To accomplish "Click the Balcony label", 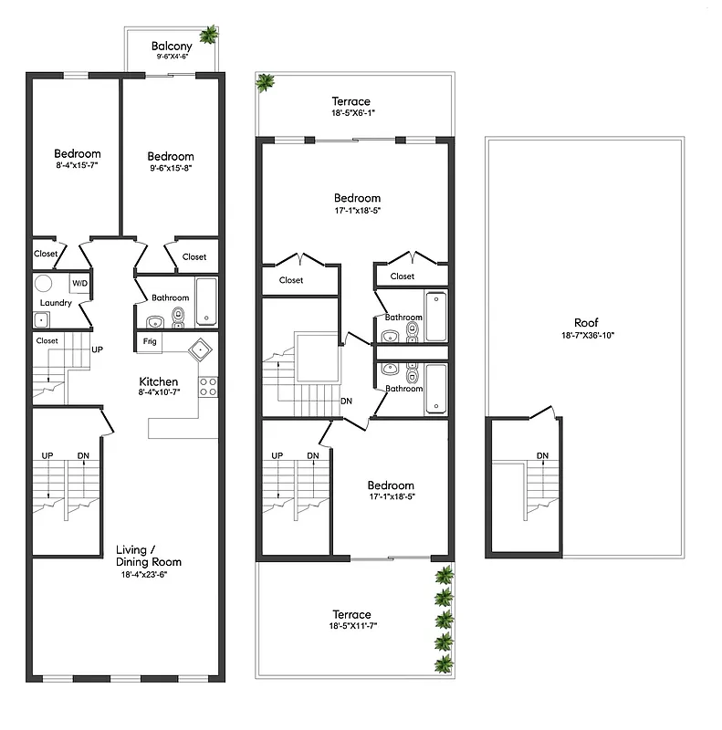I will (x=171, y=45).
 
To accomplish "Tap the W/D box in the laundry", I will (x=79, y=283).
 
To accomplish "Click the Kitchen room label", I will (x=158, y=381).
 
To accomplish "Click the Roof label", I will (x=586, y=322).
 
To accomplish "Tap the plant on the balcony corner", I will (x=209, y=36).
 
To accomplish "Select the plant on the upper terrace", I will (x=266, y=83).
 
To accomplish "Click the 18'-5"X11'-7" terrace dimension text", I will (x=351, y=627).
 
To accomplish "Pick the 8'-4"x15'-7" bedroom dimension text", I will (x=77, y=166).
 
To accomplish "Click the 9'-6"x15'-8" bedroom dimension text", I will (x=171, y=168).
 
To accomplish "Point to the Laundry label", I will (x=56, y=303).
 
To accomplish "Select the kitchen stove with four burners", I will (x=208, y=386).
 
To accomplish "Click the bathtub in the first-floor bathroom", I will (x=206, y=301).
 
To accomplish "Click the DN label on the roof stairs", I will (x=542, y=455).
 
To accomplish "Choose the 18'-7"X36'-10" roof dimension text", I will (x=586, y=335).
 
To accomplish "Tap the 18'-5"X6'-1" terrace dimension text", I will (x=351, y=113).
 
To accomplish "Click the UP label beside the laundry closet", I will (x=96, y=349).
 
